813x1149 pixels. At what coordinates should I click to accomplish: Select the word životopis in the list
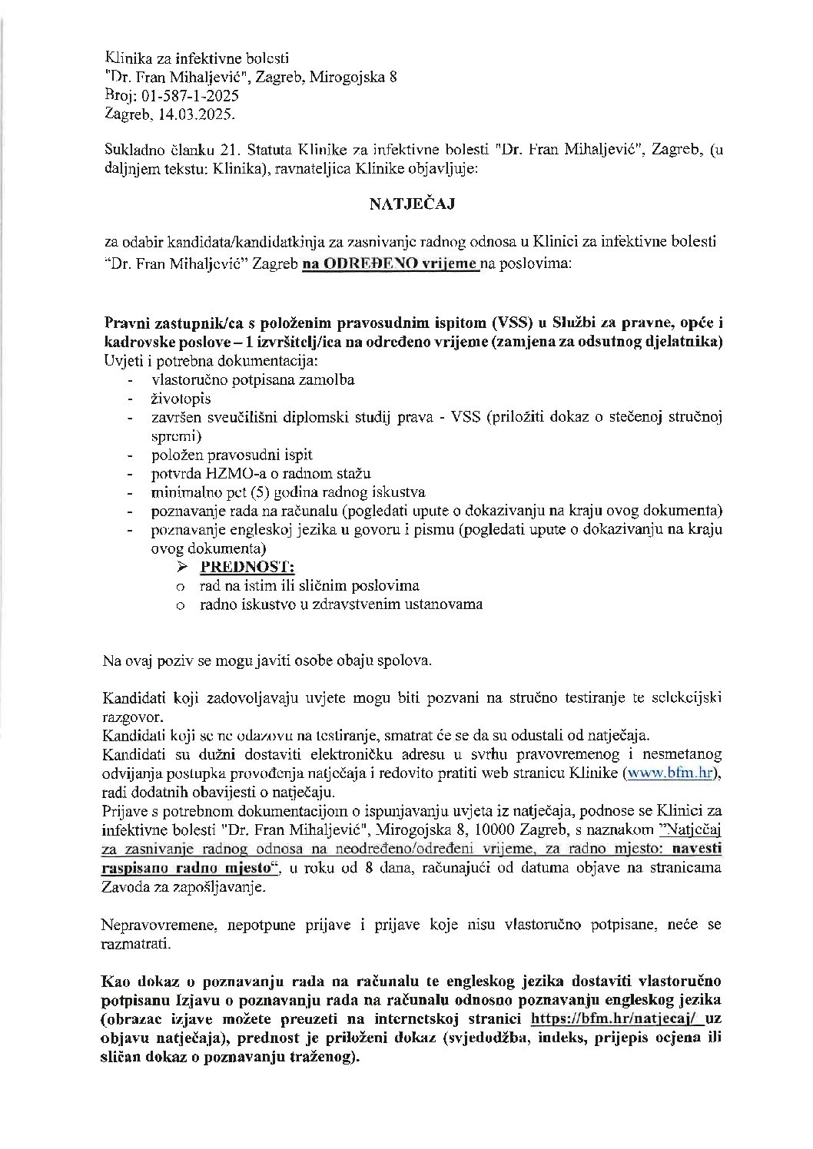point(181,399)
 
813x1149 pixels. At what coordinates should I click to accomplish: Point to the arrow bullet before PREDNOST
point(182,567)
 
